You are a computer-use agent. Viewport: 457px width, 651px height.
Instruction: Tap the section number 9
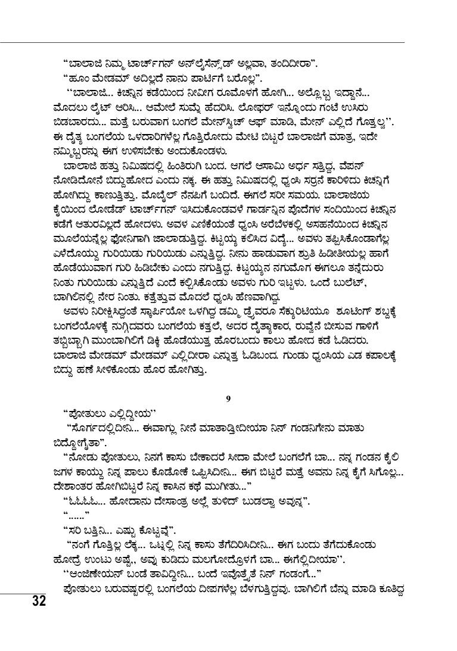pyautogui.click(x=228, y=398)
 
